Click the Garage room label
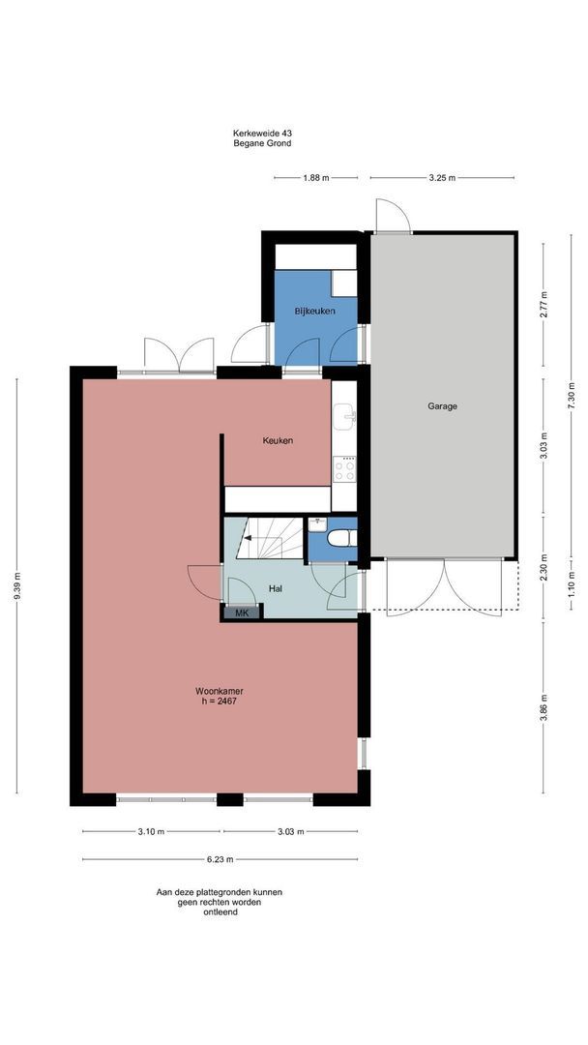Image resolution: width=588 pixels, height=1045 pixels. point(442,405)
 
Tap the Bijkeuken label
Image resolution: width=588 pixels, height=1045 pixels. point(315,311)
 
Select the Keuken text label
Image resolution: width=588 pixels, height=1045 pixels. point(278,440)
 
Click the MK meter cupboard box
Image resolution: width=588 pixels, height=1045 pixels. point(243,613)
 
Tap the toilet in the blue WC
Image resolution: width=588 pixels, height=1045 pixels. point(343,537)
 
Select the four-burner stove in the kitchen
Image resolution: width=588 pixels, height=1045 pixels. point(344,469)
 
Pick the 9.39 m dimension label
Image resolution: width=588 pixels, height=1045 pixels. point(17,585)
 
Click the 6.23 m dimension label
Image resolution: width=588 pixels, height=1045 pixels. point(220,860)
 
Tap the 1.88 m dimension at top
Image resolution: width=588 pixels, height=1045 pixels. point(315,178)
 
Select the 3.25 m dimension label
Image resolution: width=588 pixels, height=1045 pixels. point(442,178)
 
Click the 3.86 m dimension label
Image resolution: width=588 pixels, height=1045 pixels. point(544,708)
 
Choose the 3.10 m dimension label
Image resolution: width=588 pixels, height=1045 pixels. point(151,832)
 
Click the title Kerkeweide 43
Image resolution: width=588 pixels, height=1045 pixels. point(262,134)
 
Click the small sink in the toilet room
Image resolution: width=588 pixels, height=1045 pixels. point(317,525)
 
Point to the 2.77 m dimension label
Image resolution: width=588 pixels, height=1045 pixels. point(544,305)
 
